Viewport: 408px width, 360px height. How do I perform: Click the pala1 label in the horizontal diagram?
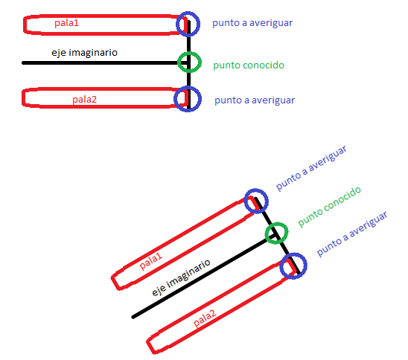[66, 23]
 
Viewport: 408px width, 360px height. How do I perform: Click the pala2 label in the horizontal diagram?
[84, 99]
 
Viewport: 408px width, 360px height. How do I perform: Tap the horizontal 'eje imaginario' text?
[84, 53]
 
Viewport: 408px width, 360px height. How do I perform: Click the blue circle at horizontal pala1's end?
[199, 24]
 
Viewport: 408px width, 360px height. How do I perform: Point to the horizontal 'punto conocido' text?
[249, 65]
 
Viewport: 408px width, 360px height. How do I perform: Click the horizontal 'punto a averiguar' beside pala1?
[252, 23]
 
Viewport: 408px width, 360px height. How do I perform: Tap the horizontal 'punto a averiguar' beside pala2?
[255, 100]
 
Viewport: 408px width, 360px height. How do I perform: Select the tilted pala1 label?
[151, 261]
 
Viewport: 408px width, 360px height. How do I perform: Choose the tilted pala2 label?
[205, 318]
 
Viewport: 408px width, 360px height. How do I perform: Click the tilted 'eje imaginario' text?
[181, 277]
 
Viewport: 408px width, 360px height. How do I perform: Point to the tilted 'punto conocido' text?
[329, 207]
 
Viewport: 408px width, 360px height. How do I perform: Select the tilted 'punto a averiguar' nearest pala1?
[311, 168]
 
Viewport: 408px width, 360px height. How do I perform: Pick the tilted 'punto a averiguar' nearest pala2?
[352, 234]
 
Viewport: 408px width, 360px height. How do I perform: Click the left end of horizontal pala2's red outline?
[23, 98]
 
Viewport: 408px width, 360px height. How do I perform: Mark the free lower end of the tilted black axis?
[133, 317]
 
